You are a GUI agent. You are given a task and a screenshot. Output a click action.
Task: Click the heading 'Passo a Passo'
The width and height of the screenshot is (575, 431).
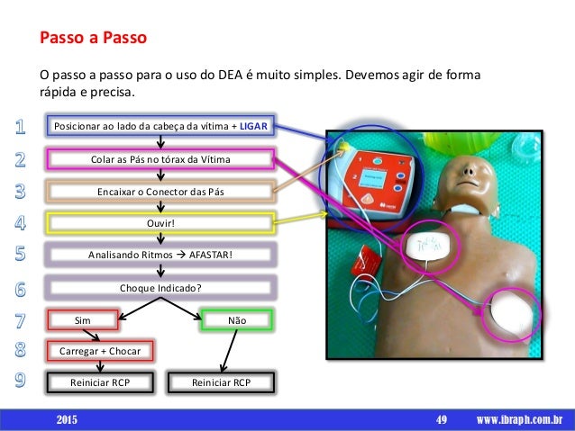(91, 40)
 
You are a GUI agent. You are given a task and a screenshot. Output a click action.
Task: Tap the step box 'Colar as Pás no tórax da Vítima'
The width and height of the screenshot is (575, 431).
(160, 159)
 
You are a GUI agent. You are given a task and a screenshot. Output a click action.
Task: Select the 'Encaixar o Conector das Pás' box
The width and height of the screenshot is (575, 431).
(160, 191)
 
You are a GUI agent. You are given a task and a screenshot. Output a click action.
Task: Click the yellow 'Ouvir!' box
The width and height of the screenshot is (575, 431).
(160, 220)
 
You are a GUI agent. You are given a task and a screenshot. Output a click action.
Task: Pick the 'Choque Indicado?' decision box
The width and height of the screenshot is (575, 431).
(160, 288)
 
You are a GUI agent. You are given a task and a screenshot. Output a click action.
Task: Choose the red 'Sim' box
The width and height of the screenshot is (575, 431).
(83, 319)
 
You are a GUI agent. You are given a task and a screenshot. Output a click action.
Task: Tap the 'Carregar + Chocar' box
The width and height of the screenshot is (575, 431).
(100, 349)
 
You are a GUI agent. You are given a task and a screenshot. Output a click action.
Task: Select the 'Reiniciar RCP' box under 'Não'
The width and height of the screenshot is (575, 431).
(221, 382)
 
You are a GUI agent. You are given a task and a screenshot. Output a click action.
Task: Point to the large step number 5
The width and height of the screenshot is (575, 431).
(20, 255)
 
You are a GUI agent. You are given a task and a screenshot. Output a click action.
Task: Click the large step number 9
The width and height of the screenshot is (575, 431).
(20, 379)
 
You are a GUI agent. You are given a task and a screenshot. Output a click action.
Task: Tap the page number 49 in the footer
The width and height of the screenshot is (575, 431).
(442, 419)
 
